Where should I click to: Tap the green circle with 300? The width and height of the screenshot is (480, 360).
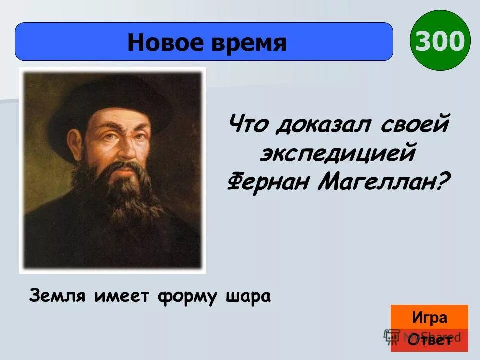click(440, 41)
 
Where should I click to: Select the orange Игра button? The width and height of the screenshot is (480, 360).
click(429, 318)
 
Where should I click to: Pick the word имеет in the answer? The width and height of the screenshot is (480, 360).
click(119, 296)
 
